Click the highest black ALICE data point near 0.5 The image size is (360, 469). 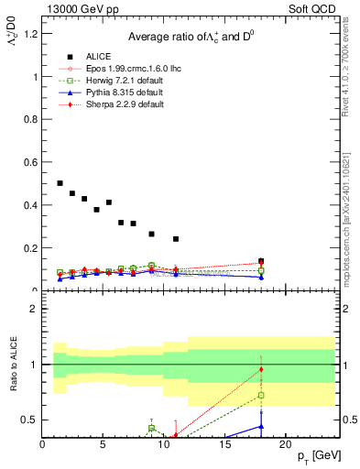(x=60, y=183)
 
